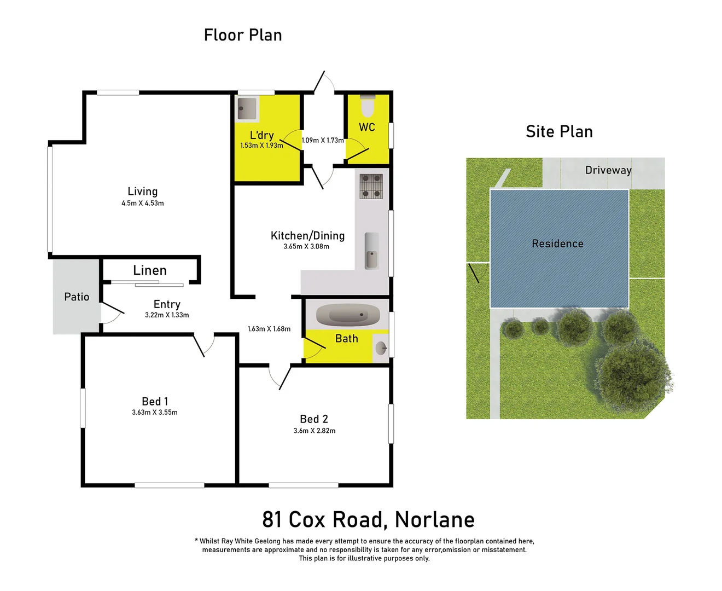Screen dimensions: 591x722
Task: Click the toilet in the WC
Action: coord(367,106)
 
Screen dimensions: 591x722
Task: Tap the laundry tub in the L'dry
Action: coord(247,109)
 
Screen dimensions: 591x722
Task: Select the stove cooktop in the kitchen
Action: coord(371,186)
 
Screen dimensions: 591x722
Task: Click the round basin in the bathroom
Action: coord(381,347)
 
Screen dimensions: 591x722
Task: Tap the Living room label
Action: coord(143,192)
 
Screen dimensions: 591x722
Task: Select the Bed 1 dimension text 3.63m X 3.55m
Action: coord(155,413)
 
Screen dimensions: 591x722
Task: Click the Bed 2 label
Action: coord(314,419)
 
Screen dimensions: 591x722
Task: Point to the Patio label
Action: coord(77,297)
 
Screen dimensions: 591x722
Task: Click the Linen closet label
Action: coord(150,270)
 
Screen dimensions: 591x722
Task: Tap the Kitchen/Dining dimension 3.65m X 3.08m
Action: coord(306,247)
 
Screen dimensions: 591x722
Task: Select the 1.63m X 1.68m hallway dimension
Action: coord(269,329)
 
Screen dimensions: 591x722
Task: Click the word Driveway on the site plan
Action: coord(608,170)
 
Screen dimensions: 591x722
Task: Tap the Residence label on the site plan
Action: coord(557,244)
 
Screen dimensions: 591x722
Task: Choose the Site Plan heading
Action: coord(559,132)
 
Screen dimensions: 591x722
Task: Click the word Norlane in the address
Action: coord(434,520)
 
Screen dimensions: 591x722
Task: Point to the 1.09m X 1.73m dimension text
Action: coord(323,141)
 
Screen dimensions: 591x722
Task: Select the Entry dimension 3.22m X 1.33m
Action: coord(167,315)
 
